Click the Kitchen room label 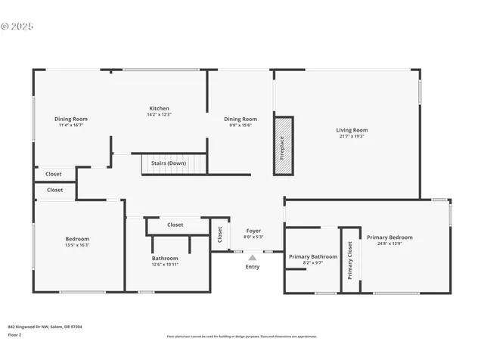[159, 108]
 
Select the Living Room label [352, 130]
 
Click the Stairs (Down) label [168, 163]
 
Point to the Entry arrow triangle [253, 258]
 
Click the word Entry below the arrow [253, 266]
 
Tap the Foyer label [254, 231]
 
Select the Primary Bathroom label [313, 256]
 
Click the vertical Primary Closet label [350, 260]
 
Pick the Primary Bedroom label [389, 237]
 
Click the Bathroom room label [165, 258]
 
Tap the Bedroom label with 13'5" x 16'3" [77, 239]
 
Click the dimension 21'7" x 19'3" [352, 136]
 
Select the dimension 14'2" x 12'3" [159, 114]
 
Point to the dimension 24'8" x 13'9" [389, 244]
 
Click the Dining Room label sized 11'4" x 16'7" [71, 119]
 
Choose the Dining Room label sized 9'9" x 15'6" [240, 119]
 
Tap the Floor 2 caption [15, 334]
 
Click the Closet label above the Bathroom [175, 225]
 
